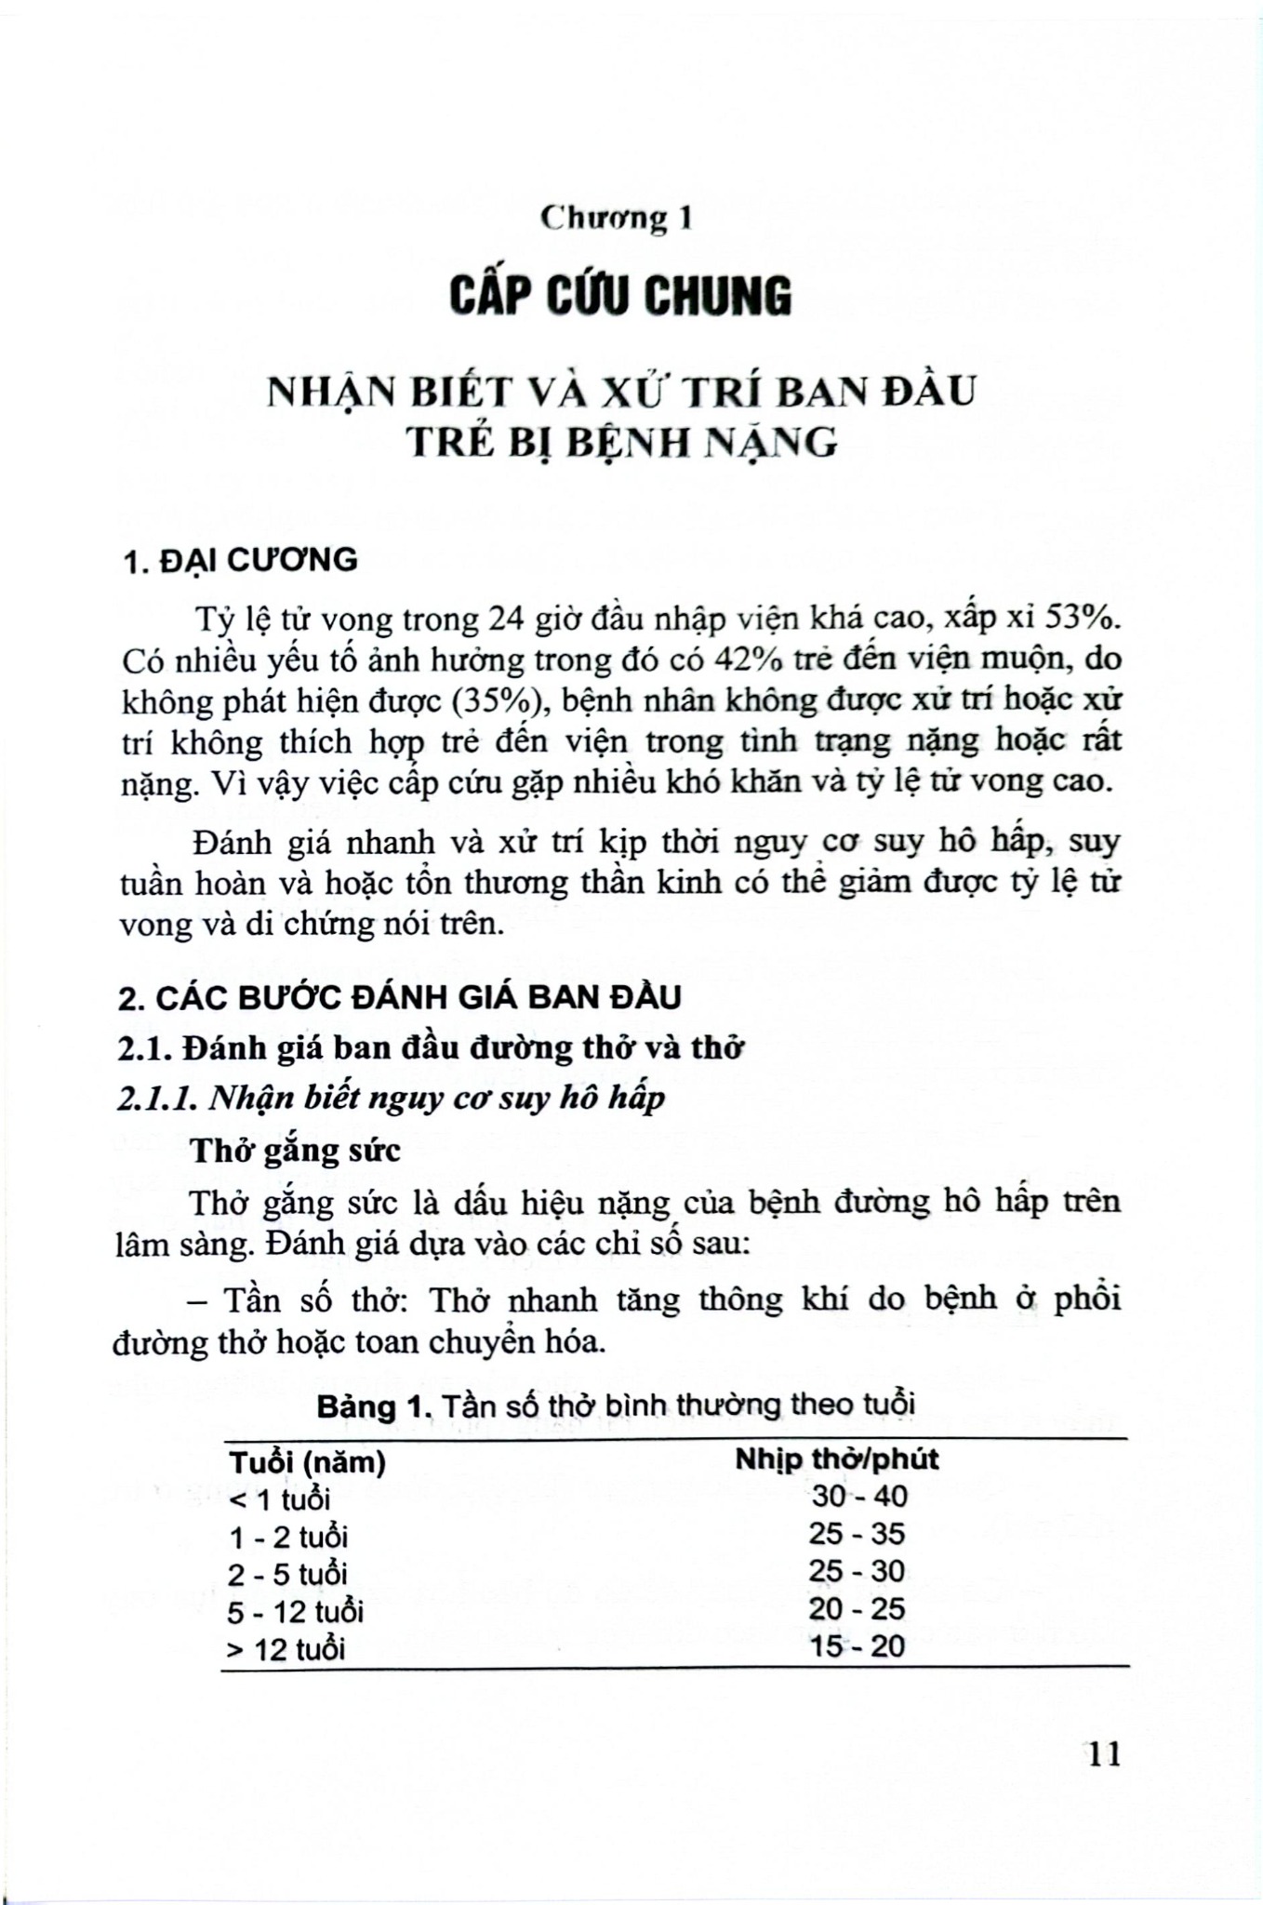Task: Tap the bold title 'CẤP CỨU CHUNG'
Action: click(x=620, y=297)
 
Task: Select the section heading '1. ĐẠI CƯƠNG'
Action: click(x=241, y=560)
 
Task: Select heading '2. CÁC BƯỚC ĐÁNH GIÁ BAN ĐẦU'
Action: click(x=401, y=997)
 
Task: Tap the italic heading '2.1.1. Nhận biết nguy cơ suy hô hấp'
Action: click(x=392, y=1099)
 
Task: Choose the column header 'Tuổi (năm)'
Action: click(x=308, y=1461)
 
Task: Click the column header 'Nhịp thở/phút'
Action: click(x=837, y=1458)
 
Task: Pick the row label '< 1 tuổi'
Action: click(x=280, y=1499)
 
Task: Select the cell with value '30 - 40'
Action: click(x=859, y=1496)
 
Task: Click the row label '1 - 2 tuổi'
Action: click(x=289, y=1536)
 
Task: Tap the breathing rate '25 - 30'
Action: click(x=857, y=1571)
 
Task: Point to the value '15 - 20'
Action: click(x=857, y=1646)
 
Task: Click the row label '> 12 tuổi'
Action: click(x=286, y=1649)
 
